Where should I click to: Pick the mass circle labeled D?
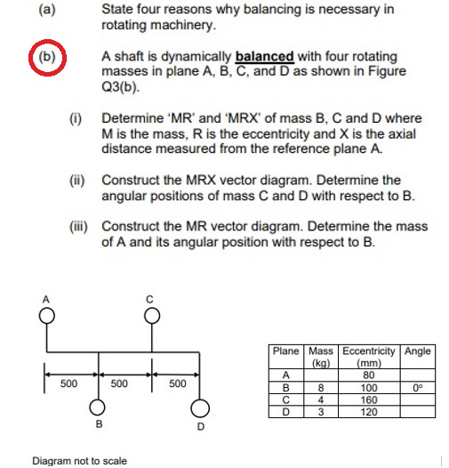click(x=201, y=408)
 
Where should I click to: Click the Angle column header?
click(x=417, y=351)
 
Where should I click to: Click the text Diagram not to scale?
click(x=79, y=461)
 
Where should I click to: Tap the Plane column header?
click(x=286, y=351)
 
